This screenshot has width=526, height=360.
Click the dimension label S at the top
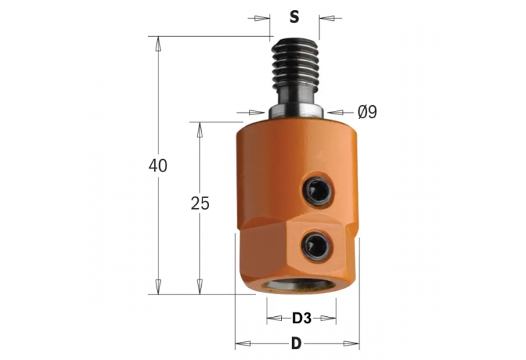coord(293,17)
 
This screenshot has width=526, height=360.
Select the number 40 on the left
coord(157,166)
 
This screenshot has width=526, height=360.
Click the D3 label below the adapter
coord(301,318)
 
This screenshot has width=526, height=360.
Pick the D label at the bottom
coord(297,343)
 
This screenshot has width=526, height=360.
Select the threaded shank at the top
coord(295,68)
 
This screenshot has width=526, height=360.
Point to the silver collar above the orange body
coord(295,112)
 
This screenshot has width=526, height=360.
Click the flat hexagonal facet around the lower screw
coord(317,248)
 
